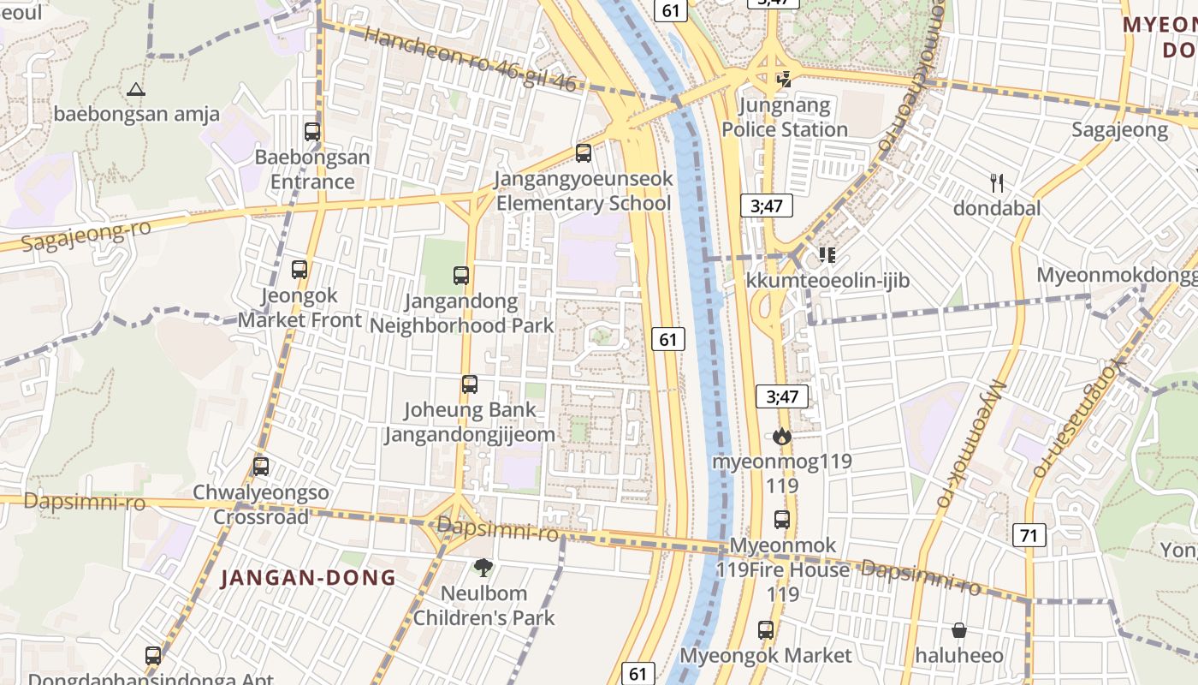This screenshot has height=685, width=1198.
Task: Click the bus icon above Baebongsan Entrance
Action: [312, 132]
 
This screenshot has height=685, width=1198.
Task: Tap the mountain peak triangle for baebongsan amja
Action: [135, 89]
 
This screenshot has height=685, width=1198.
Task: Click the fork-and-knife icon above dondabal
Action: [996, 182]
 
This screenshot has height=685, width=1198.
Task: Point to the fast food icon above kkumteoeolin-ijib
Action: [827, 255]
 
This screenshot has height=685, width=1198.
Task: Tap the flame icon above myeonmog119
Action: [781, 436]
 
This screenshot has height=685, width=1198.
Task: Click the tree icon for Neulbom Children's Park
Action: [483, 567]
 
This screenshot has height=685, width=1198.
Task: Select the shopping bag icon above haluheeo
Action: [959, 630]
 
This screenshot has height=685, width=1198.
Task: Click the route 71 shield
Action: [1029, 536]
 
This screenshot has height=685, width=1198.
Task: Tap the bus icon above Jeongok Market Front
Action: [299, 269]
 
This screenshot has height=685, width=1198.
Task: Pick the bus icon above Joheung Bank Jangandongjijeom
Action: [470, 384]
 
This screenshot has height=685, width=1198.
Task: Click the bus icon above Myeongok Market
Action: [766, 630]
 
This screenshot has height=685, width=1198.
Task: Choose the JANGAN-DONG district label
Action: [308, 578]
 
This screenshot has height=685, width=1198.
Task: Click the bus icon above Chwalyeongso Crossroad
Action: [261, 467]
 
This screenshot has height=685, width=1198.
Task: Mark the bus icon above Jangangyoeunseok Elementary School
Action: [584, 153]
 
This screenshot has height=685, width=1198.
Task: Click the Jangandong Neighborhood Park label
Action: [461, 313]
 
